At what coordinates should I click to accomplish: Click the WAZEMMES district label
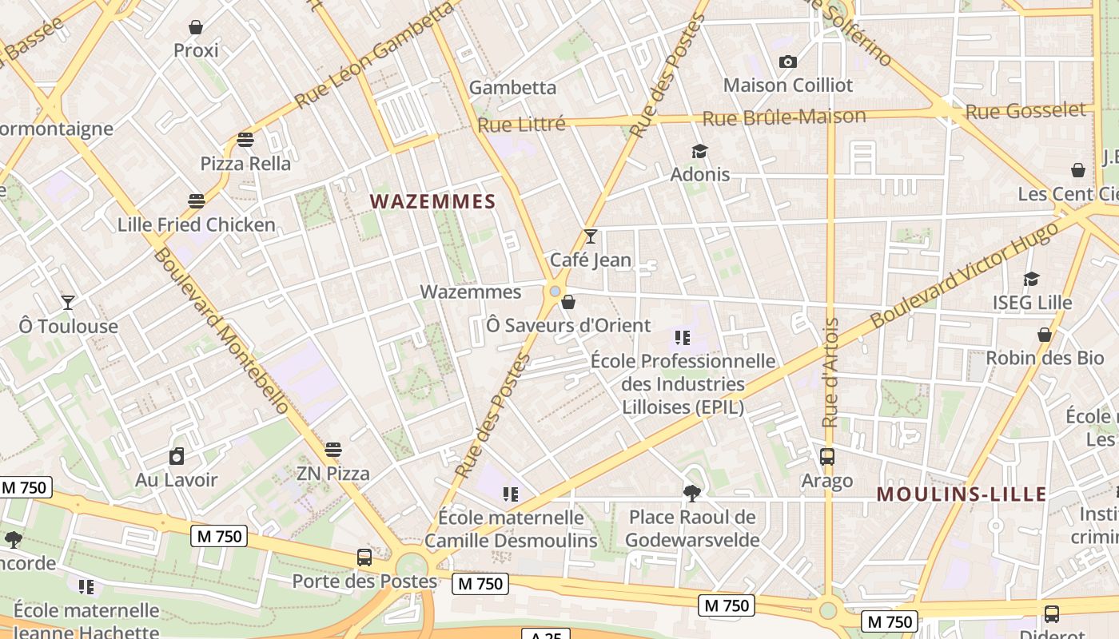pyautogui.click(x=433, y=201)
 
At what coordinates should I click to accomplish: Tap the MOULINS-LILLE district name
pyautogui.click(x=962, y=494)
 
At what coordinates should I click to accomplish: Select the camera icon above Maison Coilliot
pyautogui.click(x=787, y=62)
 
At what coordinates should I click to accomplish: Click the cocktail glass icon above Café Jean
pyautogui.click(x=591, y=236)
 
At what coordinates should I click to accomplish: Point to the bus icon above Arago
pyautogui.click(x=827, y=457)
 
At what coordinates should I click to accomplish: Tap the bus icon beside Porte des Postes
pyautogui.click(x=364, y=558)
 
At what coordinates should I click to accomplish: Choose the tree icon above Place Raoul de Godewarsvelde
pyautogui.click(x=692, y=494)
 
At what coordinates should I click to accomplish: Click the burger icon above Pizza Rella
pyautogui.click(x=245, y=140)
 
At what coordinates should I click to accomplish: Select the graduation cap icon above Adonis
pyautogui.click(x=700, y=151)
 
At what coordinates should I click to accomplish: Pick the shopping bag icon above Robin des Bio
pyautogui.click(x=1044, y=335)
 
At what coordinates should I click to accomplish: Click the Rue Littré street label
pyautogui.click(x=521, y=124)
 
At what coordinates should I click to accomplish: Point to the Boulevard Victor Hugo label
pyautogui.click(x=967, y=274)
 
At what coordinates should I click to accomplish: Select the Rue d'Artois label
pyautogui.click(x=830, y=373)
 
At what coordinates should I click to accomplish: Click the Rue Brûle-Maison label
pyautogui.click(x=783, y=117)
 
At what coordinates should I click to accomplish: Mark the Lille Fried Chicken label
pyautogui.click(x=197, y=224)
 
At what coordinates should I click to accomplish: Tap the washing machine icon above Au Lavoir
pyautogui.click(x=177, y=457)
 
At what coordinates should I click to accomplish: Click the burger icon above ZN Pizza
pyautogui.click(x=333, y=450)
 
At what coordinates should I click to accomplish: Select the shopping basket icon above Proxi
pyautogui.click(x=196, y=28)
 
